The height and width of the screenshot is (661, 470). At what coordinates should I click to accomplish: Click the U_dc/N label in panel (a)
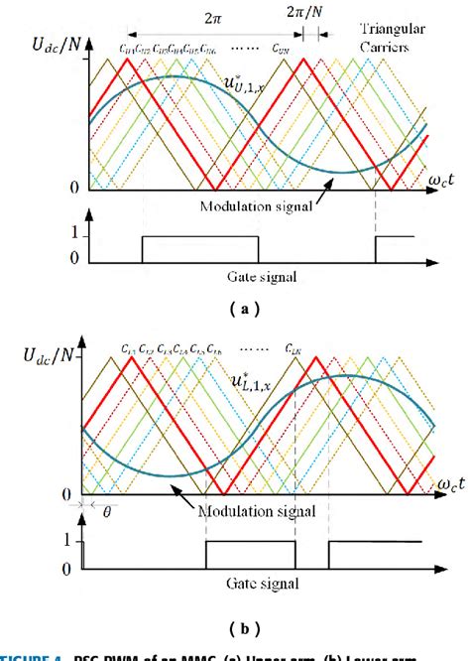tap(43, 45)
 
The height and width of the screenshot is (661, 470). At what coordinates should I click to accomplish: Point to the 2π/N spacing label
tap(303, 19)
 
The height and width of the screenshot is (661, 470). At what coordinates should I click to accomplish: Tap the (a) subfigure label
tap(236, 309)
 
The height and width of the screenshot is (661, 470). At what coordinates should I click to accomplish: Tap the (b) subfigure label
tap(236, 627)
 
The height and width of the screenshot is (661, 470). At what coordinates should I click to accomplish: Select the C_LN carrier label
tap(294, 349)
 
